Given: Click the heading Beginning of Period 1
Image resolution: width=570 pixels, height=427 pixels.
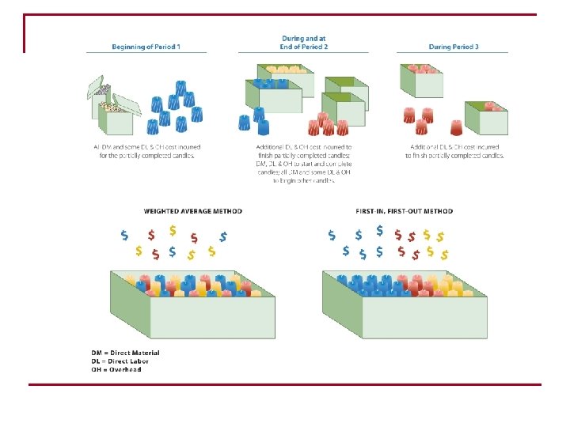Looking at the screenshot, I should (x=146, y=47).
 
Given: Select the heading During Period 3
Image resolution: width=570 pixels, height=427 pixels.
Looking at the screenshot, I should (x=454, y=47).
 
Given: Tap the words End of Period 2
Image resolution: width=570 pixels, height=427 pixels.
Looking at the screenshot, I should (x=304, y=47).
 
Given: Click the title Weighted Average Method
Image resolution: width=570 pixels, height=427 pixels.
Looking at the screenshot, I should (x=192, y=211).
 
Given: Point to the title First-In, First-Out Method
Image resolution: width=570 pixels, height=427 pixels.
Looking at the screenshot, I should (x=405, y=211).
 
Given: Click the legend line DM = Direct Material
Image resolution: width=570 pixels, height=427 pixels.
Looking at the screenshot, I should (x=126, y=353).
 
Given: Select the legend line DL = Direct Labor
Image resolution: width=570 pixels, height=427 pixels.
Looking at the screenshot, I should (x=120, y=361).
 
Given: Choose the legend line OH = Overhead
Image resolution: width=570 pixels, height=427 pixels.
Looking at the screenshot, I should (x=116, y=369).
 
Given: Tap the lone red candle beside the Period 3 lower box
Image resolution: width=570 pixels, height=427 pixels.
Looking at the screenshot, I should (x=457, y=126).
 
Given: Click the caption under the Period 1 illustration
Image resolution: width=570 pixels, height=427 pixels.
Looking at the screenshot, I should (x=146, y=151).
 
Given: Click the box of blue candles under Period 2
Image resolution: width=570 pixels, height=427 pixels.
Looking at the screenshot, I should (x=277, y=99).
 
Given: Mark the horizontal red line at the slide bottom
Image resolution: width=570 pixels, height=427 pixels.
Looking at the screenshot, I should (x=285, y=384).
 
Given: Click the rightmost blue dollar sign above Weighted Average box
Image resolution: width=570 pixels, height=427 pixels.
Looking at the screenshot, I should (x=224, y=236).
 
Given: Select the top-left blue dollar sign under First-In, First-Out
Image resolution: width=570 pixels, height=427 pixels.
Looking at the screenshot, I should (x=331, y=235).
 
